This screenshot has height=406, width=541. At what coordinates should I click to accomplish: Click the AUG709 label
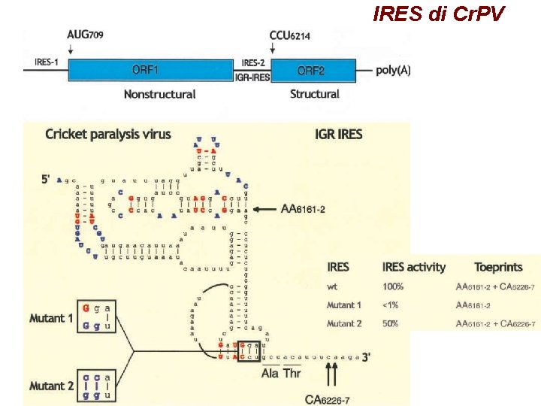83,35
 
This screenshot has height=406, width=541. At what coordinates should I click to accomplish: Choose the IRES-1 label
46,63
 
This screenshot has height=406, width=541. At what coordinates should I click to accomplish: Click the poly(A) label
397,70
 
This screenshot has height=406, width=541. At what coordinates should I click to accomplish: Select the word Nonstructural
159,95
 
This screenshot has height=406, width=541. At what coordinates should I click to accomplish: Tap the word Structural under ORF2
314,95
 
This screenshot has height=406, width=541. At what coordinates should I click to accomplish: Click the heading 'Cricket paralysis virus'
108,135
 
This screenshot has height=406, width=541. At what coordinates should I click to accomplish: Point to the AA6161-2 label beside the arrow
302,208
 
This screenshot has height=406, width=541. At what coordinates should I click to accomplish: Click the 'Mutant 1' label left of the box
52,318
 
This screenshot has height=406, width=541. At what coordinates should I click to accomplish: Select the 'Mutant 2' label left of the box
52,386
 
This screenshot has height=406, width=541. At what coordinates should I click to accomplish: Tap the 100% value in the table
393,286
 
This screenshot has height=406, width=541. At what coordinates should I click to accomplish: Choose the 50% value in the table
391,324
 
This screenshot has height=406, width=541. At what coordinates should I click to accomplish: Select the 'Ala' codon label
270,373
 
